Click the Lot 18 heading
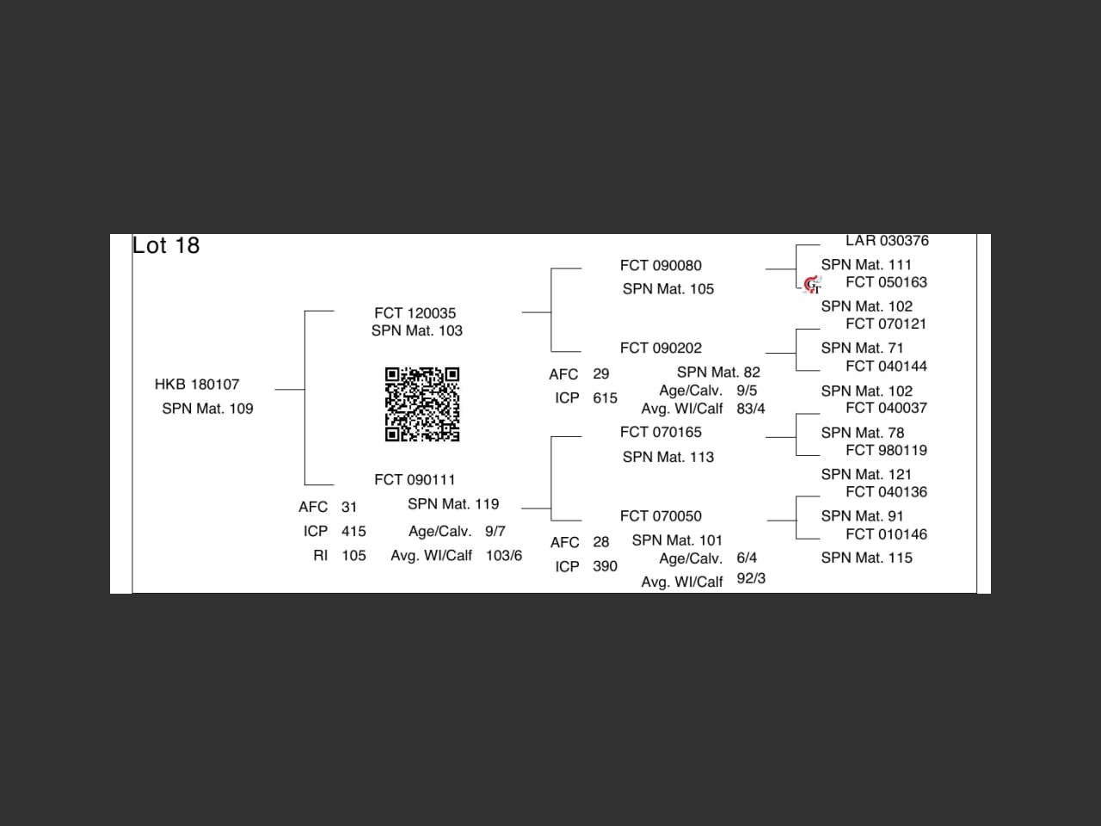point(166,246)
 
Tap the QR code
point(421,404)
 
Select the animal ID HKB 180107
point(197,385)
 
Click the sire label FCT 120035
point(415,313)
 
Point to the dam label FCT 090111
point(415,480)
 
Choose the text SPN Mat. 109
point(207,409)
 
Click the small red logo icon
point(812,284)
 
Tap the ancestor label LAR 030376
point(887,241)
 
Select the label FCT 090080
point(661,266)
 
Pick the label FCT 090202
point(661,348)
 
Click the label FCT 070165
point(661,433)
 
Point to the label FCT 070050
point(661,516)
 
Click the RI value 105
point(354,556)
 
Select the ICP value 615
point(605,398)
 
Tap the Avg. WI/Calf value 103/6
point(504,556)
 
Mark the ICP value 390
point(605,566)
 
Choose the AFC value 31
point(349,508)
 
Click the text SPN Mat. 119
point(453,504)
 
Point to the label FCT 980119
point(886,451)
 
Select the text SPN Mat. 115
point(866,558)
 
